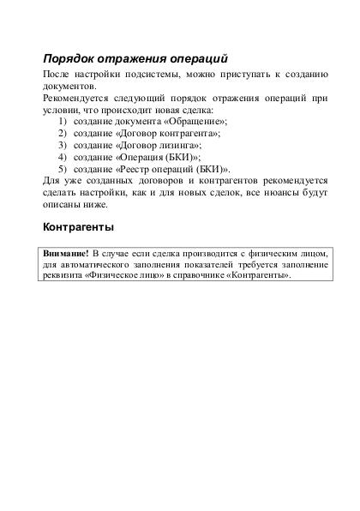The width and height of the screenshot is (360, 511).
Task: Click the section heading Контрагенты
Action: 78,230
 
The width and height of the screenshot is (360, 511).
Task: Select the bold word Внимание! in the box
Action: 67,254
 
